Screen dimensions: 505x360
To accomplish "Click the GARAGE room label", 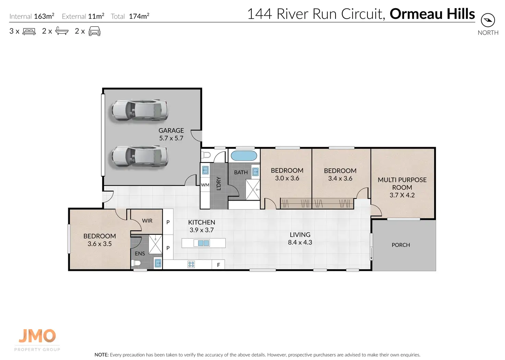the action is (x=171, y=130).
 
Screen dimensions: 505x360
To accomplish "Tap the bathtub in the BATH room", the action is (x=244, y=156).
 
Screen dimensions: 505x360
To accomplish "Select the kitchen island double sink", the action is (x=203, y=243).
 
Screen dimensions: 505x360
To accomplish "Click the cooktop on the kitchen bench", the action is (x=191, y=264).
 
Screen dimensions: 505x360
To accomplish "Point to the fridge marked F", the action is (x=218, y=265).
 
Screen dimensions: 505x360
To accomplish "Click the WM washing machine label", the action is (x=205, y=185).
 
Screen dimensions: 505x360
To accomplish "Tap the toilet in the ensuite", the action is (x=136, y=263).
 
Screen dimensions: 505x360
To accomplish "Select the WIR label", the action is (x=147, y=221).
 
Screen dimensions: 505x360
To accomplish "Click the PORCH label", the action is (x=401, y=245).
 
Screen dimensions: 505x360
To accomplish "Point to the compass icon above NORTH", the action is (x=488, y=20).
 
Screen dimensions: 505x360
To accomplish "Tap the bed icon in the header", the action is (x=29, y=31).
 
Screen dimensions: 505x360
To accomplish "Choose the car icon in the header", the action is (x=94, y=31).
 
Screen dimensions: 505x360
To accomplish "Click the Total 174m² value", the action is (x=139, y=16).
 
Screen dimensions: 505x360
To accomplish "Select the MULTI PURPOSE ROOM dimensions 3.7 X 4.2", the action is (x=402, y=195).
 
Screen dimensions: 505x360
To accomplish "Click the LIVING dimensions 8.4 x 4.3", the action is (x=300, y=242).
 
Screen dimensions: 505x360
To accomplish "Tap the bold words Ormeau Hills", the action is (x=432, y=14).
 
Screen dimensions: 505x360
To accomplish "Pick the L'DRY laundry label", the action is (x=219, y=183).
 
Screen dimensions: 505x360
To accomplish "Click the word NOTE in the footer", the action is (x=102, y=355).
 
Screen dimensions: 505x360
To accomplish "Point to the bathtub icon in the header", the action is (x=62, y=31).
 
